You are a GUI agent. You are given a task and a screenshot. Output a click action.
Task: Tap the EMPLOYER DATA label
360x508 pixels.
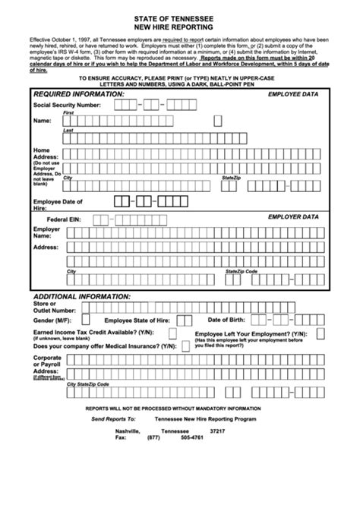pyautogui.click(x=294, y=216)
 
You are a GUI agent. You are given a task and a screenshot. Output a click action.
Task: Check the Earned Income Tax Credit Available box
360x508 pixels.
pyautogui.click(x=173, y=333)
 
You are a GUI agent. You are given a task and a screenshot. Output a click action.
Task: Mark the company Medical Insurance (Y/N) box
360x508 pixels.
pyautogui.click(x=173, y=346)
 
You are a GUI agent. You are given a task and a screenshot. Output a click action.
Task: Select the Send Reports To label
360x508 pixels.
pyautogui.click(x=113, y=419)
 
